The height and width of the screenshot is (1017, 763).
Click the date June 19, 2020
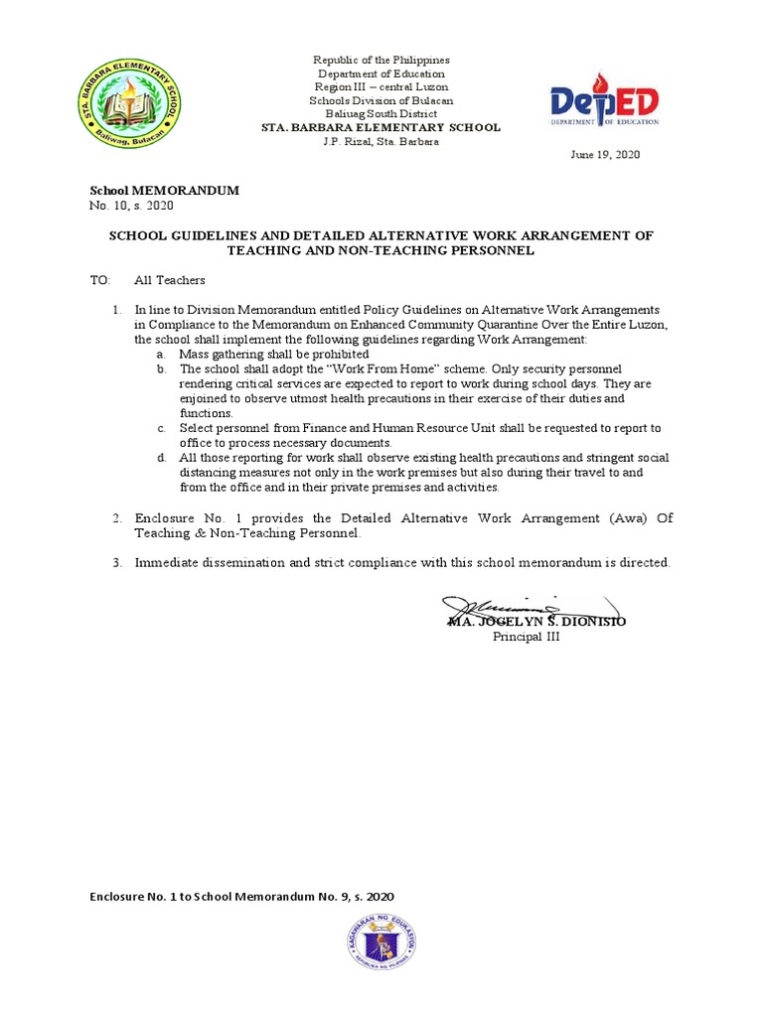coord(604,156)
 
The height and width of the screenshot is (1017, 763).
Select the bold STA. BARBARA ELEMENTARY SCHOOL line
coord(381,128)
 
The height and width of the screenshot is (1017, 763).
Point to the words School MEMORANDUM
coord(165,191)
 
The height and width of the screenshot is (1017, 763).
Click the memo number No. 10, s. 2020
coord(131,206)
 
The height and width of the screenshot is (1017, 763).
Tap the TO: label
coord(100,281)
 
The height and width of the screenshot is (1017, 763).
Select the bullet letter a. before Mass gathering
coord(161,355)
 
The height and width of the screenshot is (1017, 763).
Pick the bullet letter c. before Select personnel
coord(161,428)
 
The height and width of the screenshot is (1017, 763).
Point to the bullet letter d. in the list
coord(161,458)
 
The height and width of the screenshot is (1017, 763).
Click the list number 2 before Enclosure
coord(116,518)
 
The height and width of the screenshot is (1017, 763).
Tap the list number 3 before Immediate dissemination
coord(116,563)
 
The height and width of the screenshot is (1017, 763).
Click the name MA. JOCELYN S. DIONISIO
coord(536,621)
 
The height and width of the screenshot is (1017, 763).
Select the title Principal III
coord(527,637)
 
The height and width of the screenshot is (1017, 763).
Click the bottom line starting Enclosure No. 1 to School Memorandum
coord(242,897)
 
